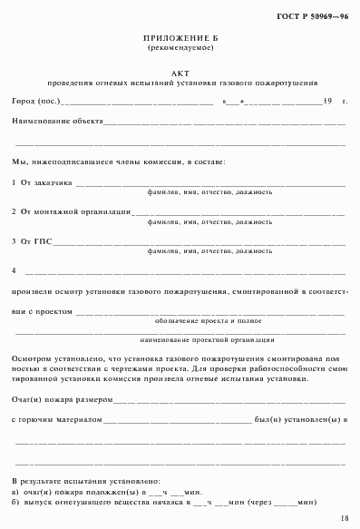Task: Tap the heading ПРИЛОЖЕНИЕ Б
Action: [x=181, y=41]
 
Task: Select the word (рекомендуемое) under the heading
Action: [x=181, y=50]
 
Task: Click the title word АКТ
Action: [x=181, y=70]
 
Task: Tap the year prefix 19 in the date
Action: [x=327, y=100]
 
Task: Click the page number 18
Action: [x=344, y=517]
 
